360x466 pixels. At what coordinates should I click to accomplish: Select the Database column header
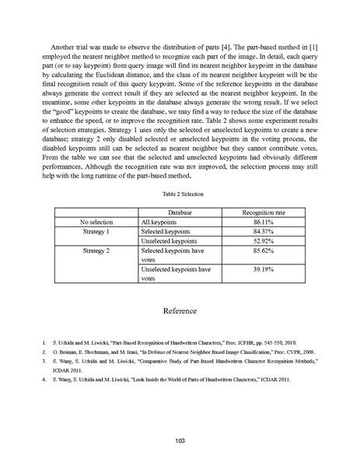(x=180, y=212)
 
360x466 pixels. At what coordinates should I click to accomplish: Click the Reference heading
(x=180, y=310)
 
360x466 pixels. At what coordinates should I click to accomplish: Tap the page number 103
(x=180, y=441)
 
